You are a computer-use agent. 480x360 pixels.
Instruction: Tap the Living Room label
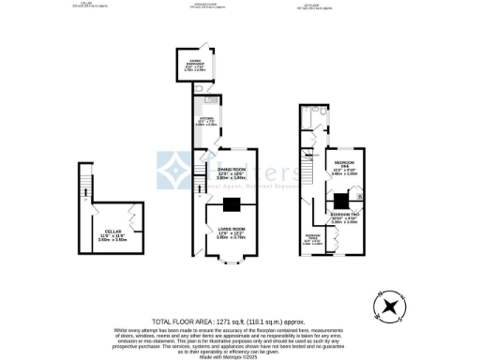click(231, 232)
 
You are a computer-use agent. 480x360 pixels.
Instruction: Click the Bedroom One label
click(346, 169)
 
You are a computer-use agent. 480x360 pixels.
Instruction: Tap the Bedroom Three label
click(313, 240)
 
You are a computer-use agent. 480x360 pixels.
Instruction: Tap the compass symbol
click(386, 305)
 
